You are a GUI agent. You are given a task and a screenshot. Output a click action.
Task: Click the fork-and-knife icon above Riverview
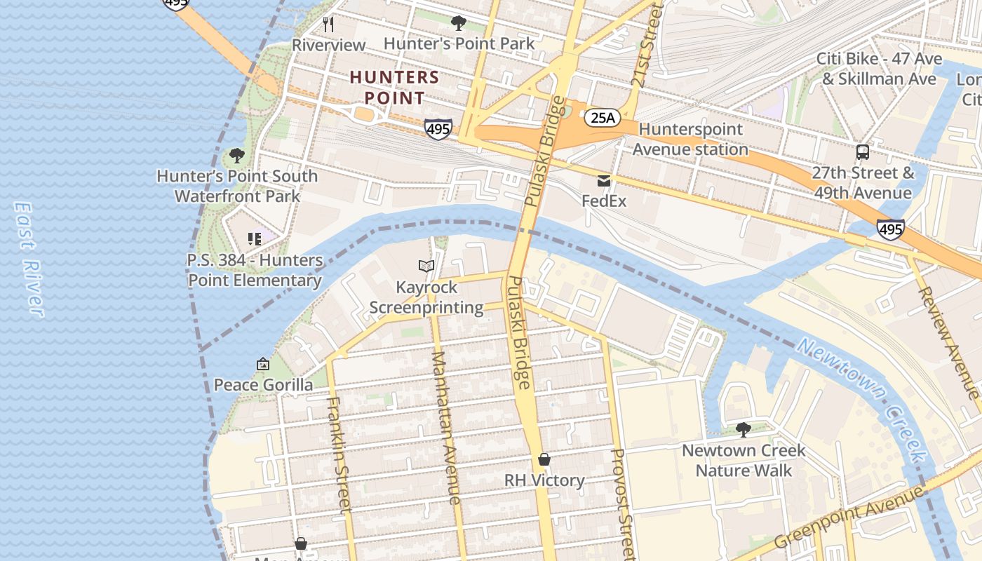[328, 25]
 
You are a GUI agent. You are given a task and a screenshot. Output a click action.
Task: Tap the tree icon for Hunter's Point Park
[459, 23]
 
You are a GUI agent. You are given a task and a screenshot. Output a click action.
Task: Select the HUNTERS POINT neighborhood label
[395, 87]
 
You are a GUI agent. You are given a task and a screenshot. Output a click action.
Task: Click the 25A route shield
[603, 118]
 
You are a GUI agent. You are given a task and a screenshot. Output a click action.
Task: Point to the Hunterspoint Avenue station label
[690, 139]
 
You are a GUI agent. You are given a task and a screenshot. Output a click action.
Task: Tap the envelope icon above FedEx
[604, 181]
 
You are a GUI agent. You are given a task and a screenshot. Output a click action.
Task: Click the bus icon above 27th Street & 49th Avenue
[863, 152]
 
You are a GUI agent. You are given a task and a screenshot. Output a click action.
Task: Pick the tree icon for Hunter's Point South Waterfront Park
[237, 156]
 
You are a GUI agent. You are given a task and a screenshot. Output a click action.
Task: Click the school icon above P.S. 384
[255, 239]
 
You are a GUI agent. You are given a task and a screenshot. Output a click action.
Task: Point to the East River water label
[28, 259]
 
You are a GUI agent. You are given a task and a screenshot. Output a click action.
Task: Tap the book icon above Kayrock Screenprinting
[426, 266]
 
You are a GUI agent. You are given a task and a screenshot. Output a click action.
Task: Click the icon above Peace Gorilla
[263, 364]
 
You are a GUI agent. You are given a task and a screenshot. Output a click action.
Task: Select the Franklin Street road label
[338, 454]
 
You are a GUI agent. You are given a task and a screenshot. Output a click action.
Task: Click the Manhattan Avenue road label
[445, 427]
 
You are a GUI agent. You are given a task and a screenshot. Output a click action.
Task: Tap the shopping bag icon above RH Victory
[544, 459]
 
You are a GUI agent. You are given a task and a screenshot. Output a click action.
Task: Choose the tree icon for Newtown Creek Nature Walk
[744, 429]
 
